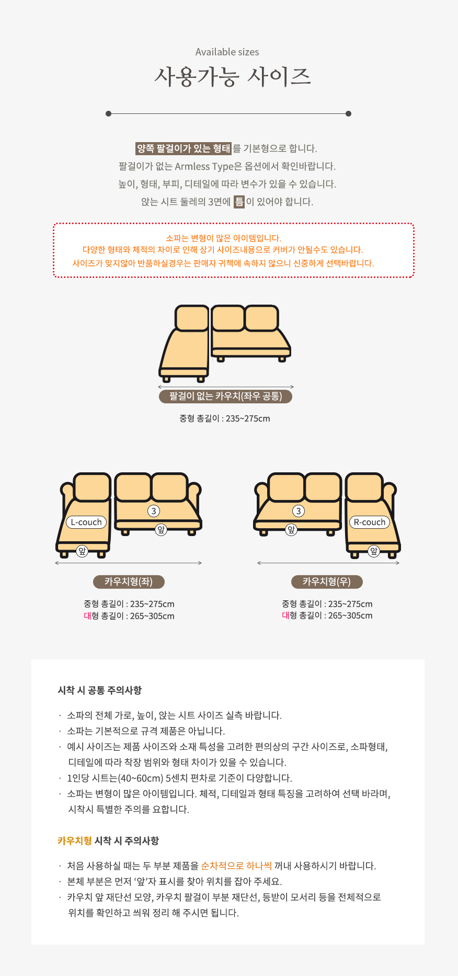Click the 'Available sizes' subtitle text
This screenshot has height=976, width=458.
click(227, 52)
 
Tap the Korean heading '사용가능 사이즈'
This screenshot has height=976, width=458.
click(232, 77)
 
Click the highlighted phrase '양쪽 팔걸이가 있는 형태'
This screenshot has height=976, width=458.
click(183, 148)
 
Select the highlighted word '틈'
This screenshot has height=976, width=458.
click(239, 202)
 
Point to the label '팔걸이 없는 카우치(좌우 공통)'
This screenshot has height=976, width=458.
click(225, 396)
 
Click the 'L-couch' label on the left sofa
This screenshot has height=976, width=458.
click(86, 522)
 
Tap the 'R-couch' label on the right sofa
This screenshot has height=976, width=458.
click(370, 522)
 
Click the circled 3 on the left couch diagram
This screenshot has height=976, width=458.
click(154, 511)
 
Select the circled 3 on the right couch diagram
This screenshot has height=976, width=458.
click(299, 511)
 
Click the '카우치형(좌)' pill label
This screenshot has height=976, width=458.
click(129, 582)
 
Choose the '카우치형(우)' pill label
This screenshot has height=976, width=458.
click(327, 582)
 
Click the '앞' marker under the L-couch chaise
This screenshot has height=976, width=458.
click(82, 551)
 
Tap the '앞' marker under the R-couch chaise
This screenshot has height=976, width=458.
click(373, 551)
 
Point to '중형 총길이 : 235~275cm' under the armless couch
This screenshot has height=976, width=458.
click(225, 419)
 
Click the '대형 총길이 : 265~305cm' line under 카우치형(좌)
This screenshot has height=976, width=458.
click(129, 616)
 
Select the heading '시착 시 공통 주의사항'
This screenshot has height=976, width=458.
click(100, 690)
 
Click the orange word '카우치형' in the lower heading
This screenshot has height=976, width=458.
click(75, 841)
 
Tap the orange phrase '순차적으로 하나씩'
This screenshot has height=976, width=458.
click(236, 866)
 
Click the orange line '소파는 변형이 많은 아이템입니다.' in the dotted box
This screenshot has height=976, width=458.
click(224, 238)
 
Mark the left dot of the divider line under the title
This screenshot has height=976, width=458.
click(108, 113)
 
